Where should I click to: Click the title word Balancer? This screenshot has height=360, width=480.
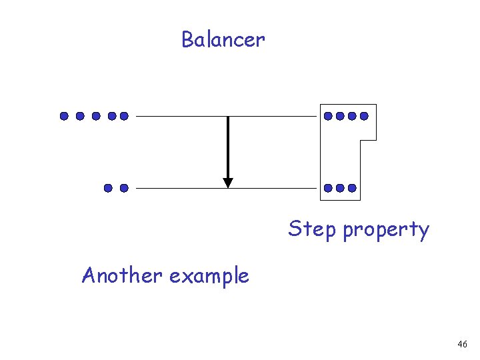point(223,40)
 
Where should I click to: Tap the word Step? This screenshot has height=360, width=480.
point(312,229)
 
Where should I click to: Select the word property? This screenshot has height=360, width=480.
point(386,231)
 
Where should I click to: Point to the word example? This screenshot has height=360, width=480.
point(209,276)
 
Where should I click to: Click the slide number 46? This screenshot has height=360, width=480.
point(462,344)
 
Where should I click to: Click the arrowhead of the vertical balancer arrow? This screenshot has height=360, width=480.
point(228,182)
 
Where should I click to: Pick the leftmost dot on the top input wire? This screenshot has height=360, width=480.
point(64,116)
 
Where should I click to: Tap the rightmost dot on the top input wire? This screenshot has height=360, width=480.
point(123,116)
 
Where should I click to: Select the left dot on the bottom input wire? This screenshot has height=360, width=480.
point(108,188)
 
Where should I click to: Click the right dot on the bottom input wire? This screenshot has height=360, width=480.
point(123,188)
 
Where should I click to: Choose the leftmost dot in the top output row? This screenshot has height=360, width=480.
point(328,116)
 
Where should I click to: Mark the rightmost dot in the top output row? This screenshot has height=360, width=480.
point(364,116)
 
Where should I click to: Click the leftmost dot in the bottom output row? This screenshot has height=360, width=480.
point(328,188)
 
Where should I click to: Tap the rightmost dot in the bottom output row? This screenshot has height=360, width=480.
point(352,188)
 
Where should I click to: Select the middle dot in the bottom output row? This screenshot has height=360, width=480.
point(340,188)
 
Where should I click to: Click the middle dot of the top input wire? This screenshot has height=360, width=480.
point(96,116)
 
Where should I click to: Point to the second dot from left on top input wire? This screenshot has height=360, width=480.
point(80,116)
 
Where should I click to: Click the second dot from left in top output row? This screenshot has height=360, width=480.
point(340,116)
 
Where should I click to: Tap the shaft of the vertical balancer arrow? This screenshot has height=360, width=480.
point(228,147)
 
